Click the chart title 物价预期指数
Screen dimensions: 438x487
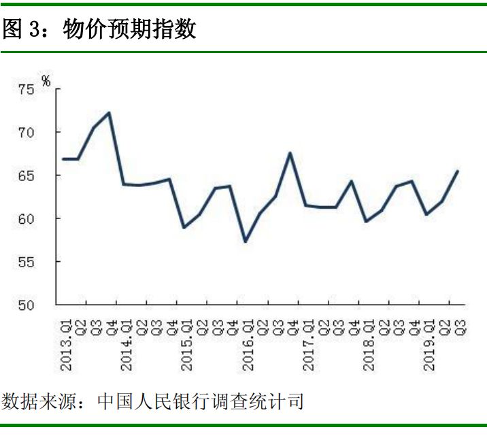130,30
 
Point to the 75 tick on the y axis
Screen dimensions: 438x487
26,88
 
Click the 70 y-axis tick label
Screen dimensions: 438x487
26,132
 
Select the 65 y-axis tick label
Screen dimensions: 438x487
26,175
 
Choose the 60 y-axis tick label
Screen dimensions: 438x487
26,218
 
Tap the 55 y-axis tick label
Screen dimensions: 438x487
26,262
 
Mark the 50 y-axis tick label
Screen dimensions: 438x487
26,305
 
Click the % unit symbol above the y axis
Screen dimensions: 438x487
46,81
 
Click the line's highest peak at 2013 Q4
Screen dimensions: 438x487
109,113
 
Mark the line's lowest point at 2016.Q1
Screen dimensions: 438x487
246,241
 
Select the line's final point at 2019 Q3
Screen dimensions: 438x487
457,171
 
